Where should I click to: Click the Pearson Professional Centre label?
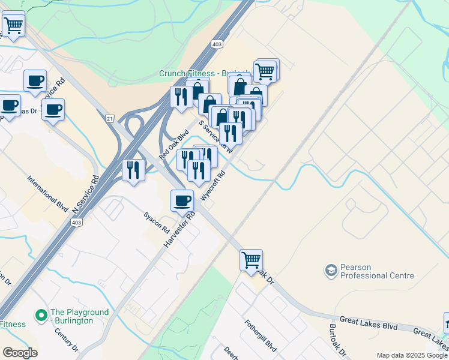coord(377,271)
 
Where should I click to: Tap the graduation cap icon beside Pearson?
coord(331,271)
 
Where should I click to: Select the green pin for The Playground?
coord(41,314)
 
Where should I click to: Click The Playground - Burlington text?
coord(79,316)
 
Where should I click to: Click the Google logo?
coord(20,353)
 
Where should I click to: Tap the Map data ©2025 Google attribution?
coord(412,355)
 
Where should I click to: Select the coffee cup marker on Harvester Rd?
coord(182,201)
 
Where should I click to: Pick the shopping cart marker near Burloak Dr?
coord(251,261)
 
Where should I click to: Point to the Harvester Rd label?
coord(179,231)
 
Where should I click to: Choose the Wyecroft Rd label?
coord(213,187)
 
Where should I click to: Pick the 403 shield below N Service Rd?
coord(76,223)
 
